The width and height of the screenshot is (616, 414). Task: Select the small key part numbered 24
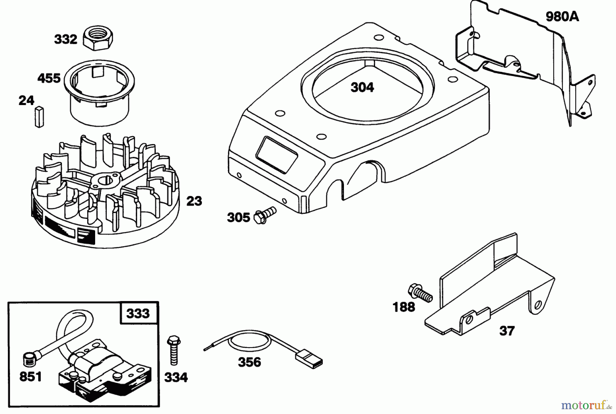(39, 116)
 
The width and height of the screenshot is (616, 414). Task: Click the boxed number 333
(138, 313)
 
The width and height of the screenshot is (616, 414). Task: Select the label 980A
(562, 16)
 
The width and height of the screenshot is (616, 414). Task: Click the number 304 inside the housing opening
(362, 88)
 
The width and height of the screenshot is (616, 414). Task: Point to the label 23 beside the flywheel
(194, 201)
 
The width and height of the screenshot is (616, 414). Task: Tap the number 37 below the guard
(506, 331)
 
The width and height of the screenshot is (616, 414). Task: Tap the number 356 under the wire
(249, 362)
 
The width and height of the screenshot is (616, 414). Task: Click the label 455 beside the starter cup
(49, 78)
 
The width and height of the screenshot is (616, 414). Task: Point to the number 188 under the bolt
(404, 307)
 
